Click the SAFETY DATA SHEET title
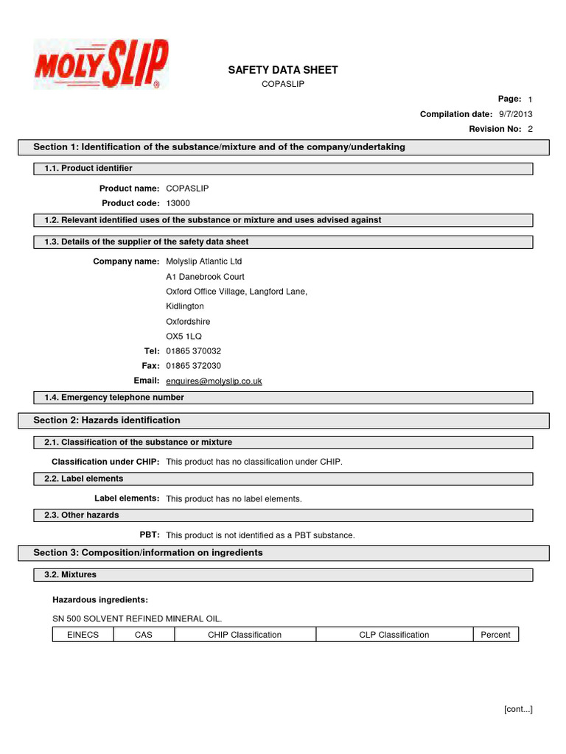point(283,70)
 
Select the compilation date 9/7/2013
point(515,114)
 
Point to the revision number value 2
point(530,129)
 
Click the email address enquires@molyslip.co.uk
point(214,381)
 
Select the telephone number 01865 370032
point(193,351)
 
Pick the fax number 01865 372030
point(193,366)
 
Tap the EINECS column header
point(83,635)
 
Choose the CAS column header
point(144,635)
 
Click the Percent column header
point(495,635)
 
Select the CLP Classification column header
point(394,635)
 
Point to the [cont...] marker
point(518,709)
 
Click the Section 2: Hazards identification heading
point(107,420)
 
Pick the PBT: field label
point(150,535)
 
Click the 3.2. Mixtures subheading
point(70,574)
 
